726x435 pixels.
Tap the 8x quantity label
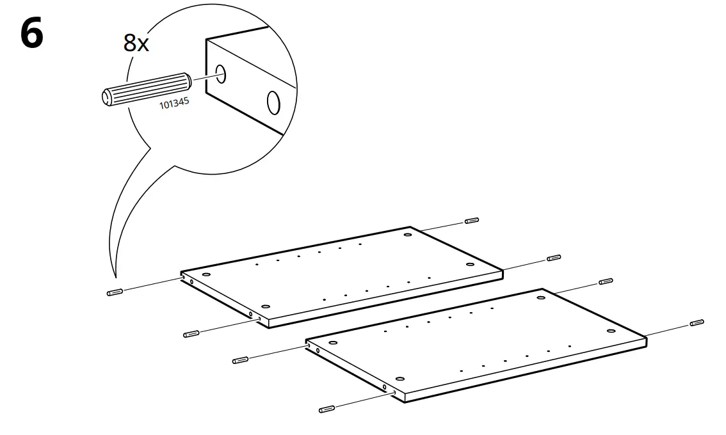(136, 43)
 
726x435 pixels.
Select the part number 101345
(174, 104)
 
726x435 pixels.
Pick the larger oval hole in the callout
(273, 102)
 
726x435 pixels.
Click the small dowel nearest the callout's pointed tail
(114, 292)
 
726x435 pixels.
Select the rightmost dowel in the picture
(697, 322)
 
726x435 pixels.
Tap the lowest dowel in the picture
(326, 409)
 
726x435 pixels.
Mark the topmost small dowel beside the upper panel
(472, 221)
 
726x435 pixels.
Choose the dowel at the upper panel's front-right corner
(554, 258)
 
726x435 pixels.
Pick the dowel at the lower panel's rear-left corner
(240, 360)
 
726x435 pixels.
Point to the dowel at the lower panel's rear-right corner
(605, 281)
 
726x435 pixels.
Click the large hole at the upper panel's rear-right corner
(407, 235)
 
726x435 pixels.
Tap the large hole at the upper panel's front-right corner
(469, 264)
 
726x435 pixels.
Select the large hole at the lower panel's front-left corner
(399, 379)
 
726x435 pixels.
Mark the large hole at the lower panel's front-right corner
(611, 331)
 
